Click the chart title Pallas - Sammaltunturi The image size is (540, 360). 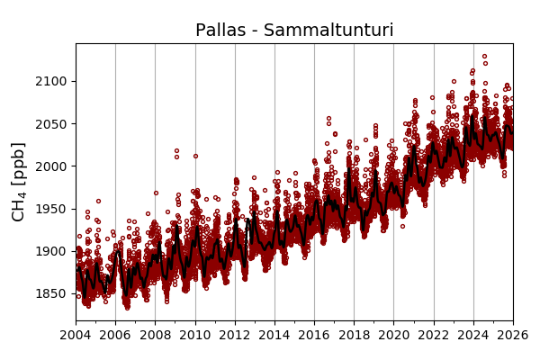pos(294,31)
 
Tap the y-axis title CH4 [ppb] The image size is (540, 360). pos(18,181)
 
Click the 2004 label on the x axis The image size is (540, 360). pos(76,336)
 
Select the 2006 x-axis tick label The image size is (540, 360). pos(115,336)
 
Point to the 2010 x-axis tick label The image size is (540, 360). pos(195,336)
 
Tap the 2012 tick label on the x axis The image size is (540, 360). pos(235,336)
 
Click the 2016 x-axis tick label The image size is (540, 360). pos(314,336)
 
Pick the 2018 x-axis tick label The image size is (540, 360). pos(354,336)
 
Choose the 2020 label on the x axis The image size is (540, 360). pos(393,336)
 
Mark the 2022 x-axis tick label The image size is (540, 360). pos(434,336)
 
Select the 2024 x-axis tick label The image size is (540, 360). pos(473,336)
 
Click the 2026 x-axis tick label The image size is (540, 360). pos(513,336)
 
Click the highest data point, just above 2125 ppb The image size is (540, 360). pos(484,57)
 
